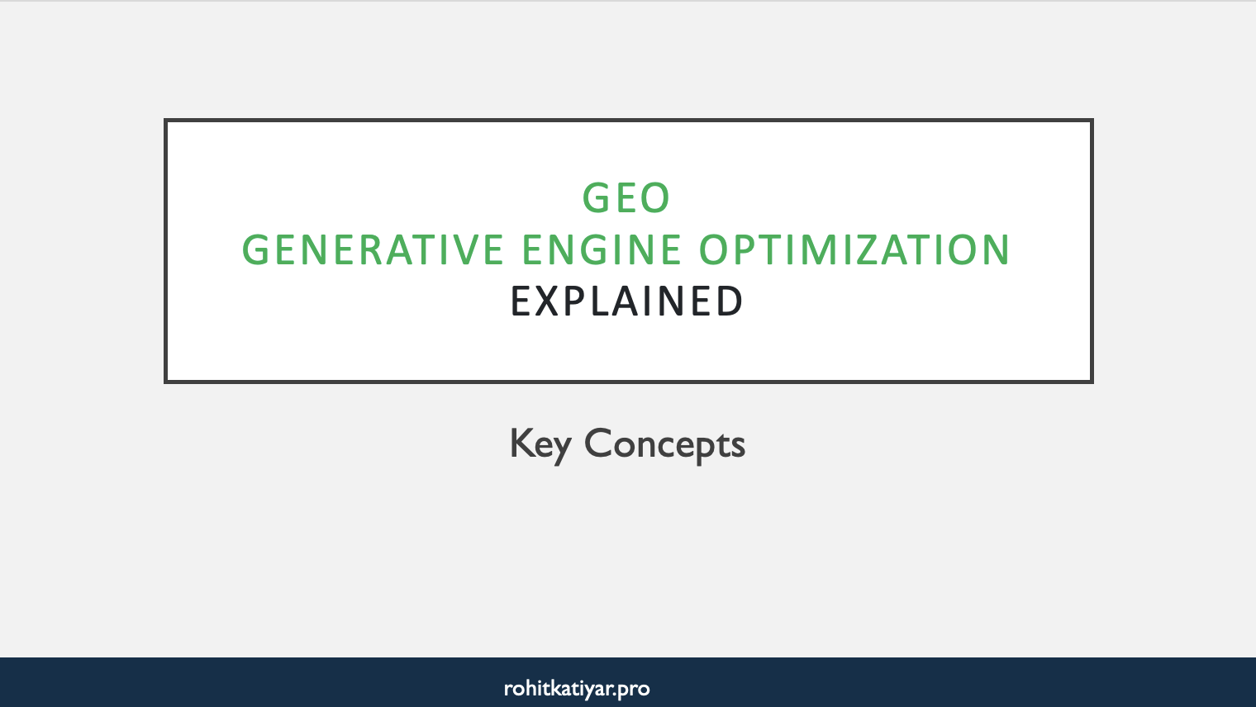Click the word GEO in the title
(626, 198)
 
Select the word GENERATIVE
(372, 250)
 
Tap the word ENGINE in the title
(602, 250)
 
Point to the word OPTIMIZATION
(854, 250)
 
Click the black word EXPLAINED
(627, 301)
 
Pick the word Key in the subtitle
(540, 444)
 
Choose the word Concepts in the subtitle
(664, 444)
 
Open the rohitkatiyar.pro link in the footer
(577, 688)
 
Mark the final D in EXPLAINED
(727, 301)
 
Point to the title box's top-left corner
(166, 121)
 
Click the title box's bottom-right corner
(1092, 382)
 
